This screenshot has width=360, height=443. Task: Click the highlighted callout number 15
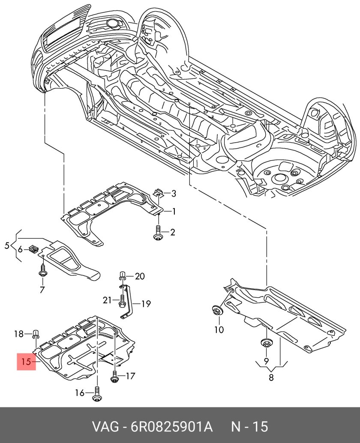point(26,362)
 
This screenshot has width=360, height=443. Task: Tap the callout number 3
point(173,194)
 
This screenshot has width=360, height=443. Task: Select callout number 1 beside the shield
point(174,211)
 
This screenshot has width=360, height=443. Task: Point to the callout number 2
point(172,233)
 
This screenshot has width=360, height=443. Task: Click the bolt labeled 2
point(158,233)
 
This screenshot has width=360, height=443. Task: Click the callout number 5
point(6,245)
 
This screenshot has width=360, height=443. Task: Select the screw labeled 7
point(43,272)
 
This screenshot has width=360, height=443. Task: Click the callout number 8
point(270,377)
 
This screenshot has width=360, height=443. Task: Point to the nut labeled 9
point(266,344)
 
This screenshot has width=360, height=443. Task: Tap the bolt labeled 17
point(114,377)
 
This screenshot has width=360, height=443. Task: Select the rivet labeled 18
point(36,333)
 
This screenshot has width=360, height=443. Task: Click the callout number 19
point(146,304)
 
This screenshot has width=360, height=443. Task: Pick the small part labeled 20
point(122,276)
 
